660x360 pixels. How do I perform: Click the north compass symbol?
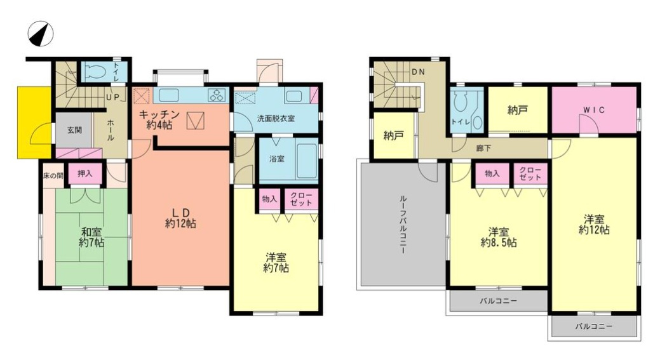[x=41, y=34]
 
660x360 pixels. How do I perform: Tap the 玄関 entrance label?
[x=74, y=130]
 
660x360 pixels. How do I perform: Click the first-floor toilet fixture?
[x=97, y=72]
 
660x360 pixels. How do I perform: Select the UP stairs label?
[x=112, y=98]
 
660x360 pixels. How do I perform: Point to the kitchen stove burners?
[x=218, y=96]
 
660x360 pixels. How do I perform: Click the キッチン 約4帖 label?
[x=159, y=119]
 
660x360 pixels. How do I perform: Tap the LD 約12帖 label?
[x=180, y=218]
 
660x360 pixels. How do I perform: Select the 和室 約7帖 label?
[x=91, y=237]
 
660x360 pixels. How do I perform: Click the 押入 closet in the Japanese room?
[x=85, y=173]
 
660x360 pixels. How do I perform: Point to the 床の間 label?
[x=53, y=175]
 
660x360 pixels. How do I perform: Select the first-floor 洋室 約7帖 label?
[x=276, y=262]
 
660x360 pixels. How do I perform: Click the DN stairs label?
[x=418, y=72]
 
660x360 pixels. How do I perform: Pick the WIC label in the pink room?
[x=593, y=110]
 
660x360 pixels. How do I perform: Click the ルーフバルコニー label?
[x=402, y=223]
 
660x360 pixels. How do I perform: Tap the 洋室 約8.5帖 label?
[x=499, y=237]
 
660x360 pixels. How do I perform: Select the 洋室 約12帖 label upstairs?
[x=594, y=225]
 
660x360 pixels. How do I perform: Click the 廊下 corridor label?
[x=483, y=149]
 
